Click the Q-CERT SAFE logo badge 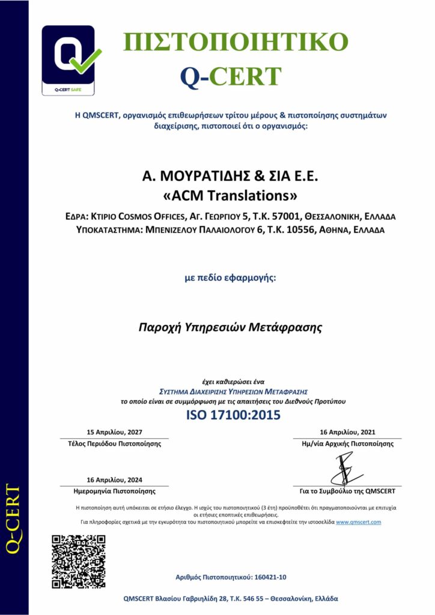[x=68, y=60]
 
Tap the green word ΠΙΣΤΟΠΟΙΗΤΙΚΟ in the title [x=236, y=43]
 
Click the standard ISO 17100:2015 [x=233, y=415]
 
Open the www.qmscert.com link [x=359, y=523]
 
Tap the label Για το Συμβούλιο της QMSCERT [x=347, y=491]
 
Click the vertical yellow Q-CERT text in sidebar [x=13, y=518]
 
